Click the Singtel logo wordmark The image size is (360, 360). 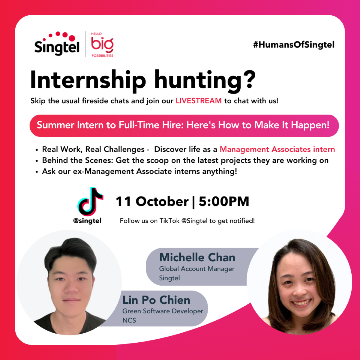pos(57,47)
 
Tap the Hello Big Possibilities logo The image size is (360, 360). pos(102,45)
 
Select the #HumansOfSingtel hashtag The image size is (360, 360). pos(294,45)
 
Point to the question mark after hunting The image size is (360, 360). pos(249,79)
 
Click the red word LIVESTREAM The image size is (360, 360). pos(199,101)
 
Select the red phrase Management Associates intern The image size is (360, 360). pos(277,149)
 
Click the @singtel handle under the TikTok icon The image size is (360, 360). pos(87,221)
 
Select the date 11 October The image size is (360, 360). pos(152,201)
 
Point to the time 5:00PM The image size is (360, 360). pos(224,201)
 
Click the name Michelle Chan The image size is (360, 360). pos(197,257)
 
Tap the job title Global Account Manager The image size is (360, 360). pos(197,269)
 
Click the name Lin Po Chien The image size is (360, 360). pos(156,300)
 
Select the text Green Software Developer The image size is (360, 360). pos(163,311)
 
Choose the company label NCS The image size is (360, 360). pos(129,320)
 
